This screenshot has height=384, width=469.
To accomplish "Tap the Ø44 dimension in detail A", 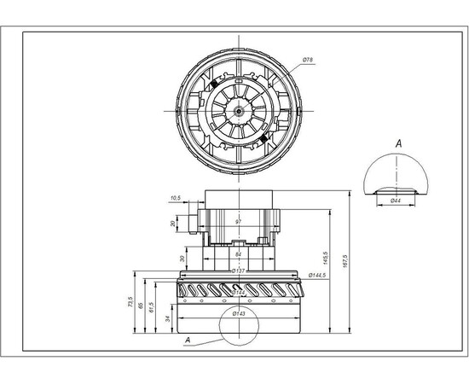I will pos(396,200).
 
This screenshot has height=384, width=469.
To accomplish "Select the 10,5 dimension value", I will pos(176,197).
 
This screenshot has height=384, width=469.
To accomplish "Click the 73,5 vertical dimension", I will pos(131,302).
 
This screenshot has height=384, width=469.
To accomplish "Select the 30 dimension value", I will pos(182,259).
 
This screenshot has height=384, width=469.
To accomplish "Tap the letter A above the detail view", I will pos(397,144).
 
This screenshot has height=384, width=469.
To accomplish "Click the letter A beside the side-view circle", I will pos(188,340).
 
